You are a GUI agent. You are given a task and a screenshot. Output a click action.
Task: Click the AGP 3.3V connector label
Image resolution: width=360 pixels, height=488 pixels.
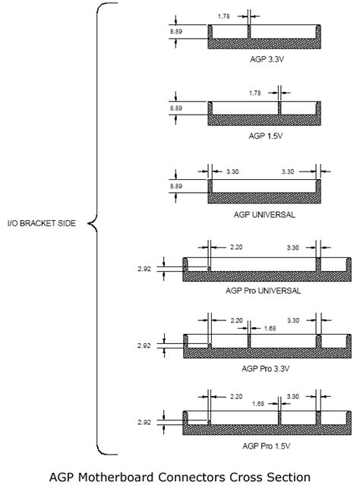pos(267,59)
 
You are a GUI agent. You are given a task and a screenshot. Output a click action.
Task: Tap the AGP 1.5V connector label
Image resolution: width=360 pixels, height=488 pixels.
pos(266,136)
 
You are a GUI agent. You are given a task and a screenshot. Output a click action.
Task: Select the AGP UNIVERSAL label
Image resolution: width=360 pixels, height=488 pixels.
pos(264,215)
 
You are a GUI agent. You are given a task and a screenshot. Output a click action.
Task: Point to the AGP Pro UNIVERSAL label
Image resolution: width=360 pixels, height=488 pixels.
pos(263,291)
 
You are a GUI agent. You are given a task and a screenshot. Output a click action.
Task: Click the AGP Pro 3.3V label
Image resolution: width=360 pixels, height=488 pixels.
pos(266,369)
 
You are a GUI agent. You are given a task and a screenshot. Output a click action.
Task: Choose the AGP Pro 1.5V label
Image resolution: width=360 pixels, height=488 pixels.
pos(267,446)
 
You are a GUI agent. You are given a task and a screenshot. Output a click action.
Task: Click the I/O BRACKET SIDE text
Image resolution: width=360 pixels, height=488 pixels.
pos(42,223)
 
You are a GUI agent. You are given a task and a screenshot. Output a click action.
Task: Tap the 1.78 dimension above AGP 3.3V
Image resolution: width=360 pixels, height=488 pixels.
pos(223,16)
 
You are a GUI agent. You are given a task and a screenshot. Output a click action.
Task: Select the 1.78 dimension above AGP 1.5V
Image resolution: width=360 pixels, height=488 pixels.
pos(254,93)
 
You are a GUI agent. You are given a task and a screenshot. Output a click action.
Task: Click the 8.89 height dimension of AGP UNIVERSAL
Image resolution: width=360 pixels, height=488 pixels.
pos(176,186)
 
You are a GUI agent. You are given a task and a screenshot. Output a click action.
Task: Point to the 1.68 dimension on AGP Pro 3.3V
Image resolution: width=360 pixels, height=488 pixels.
pos(270,329)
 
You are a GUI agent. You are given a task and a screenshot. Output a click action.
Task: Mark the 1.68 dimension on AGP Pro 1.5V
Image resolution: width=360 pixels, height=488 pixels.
pos(258,404)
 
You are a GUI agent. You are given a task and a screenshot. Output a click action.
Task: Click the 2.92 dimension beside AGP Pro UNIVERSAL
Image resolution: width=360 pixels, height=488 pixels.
pos(144,269)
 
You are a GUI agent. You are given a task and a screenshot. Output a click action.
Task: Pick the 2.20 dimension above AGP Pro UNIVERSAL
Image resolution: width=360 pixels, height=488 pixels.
pos(236,247)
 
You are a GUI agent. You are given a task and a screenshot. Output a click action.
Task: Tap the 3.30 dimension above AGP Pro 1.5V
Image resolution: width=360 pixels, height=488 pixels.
pos(292,396)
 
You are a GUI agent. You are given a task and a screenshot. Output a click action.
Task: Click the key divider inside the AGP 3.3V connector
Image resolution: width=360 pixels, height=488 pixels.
pos(249,32)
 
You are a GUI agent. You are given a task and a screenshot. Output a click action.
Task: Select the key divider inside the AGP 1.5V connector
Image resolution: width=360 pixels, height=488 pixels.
pos(279,109)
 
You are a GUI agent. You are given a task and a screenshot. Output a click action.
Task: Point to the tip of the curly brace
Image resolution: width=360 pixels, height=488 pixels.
pos(88,223)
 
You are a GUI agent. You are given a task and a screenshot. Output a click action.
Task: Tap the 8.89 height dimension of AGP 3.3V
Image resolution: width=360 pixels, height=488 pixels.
pos(176,31)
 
